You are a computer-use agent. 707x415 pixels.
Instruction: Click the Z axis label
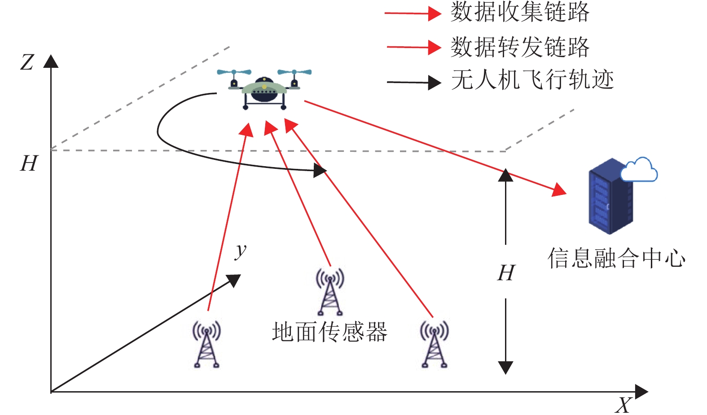point(27,62)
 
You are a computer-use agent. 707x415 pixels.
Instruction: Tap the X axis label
point(624,405)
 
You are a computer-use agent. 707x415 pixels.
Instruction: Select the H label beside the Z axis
point(29,163)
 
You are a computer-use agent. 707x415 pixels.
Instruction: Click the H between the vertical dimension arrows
point(506,273)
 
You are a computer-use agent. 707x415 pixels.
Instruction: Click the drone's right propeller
point(294,72)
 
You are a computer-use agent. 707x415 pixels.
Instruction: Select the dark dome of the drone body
point(264,90)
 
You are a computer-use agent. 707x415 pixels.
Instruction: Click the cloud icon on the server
point(639,170)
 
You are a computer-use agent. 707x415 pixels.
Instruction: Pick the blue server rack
point(610,198)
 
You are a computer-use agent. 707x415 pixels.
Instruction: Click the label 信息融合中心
point(616,258)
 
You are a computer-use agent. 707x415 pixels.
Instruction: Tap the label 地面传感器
point(329,332)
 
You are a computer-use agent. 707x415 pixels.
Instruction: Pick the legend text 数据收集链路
point(520,12)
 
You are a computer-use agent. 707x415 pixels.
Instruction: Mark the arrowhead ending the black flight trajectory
point(320,170)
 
